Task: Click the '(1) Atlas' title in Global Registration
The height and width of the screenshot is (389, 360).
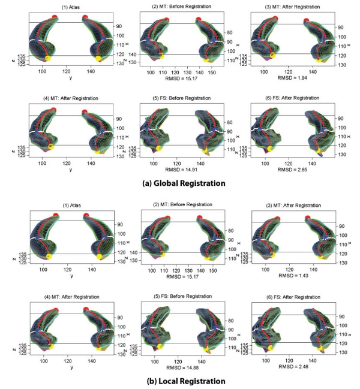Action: click(x=71, y=6)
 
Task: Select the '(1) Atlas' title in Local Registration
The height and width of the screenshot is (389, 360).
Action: click(x=71, y=204)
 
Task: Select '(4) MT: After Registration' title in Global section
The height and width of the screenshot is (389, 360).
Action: click(x=71, y=98)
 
